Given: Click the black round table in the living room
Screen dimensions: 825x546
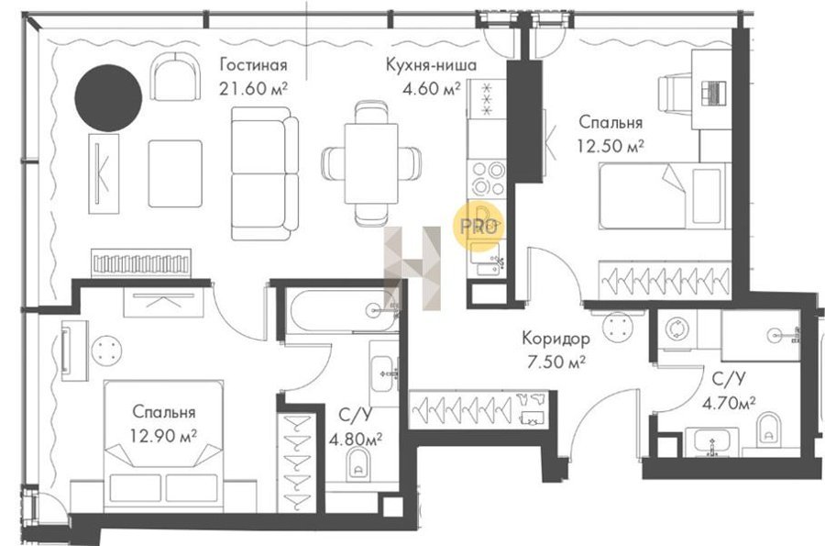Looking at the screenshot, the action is [x=108, y=98].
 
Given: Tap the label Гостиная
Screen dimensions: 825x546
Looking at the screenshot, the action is [x=254, y=64].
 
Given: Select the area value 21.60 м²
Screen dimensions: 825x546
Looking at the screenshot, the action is [x=253, y=88].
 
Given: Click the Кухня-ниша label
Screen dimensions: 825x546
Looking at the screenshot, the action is [x=431, y=64].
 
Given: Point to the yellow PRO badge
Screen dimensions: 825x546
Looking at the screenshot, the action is [x=478, y=226].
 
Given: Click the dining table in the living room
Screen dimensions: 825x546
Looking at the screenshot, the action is [x=371, y=162].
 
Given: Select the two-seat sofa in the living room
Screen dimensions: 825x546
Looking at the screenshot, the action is [x=265, y=173].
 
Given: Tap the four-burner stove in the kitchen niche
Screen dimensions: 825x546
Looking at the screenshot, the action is [x=487, y=179].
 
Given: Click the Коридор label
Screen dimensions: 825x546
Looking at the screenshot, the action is [x=555, y=338].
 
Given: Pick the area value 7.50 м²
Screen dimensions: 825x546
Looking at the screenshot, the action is [x=556, y=362].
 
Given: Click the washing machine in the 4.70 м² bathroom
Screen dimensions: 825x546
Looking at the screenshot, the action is [x=677, y=329].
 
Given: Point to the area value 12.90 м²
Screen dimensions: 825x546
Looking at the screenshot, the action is [x=164, y=436].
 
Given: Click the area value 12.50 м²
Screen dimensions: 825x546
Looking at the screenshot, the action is [x=610, y=145].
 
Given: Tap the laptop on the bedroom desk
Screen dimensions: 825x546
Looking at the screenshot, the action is [x=713, y=94].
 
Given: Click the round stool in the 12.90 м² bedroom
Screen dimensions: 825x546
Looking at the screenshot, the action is [x=106, y=351].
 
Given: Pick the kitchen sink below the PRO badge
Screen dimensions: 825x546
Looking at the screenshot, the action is [x=488, y=261].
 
